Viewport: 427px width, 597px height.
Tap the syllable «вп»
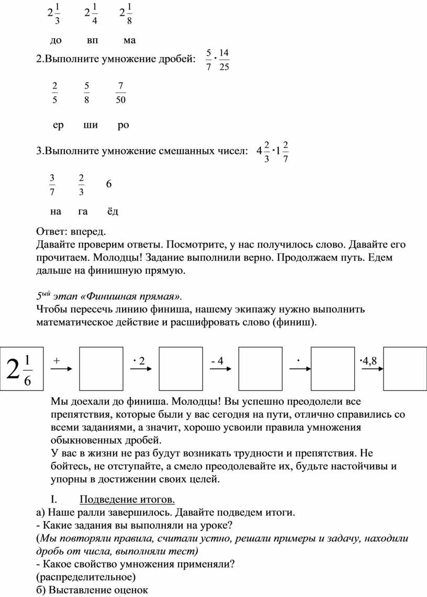coord(93,40)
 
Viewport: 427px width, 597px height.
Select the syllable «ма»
coord(130,40)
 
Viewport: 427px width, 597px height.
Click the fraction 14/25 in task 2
coord(224,60)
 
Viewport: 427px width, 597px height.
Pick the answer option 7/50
coord(120,93)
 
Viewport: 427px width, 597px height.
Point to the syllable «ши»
coord(90,125)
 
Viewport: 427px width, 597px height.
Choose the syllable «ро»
coord(123,125)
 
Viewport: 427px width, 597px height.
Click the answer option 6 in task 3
coord(109,184)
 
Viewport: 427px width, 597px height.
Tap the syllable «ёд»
coord(113,211)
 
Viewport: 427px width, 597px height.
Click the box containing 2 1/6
coord(21,368)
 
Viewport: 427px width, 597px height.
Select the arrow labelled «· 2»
coord(140,368)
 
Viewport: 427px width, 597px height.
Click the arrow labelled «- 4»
coord(219,368)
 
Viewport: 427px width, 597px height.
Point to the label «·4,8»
coord(368,361)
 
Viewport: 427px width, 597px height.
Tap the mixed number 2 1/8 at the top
coord(126,13)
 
